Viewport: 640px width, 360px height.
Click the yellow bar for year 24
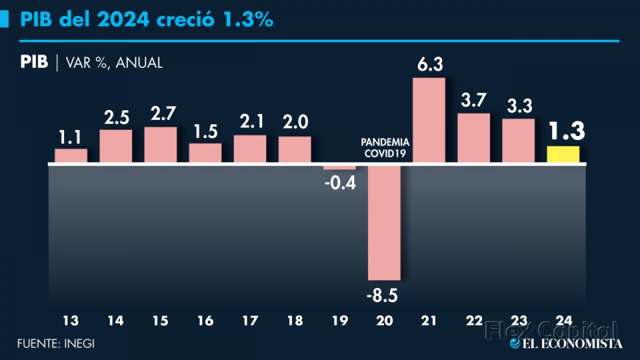point(563,154)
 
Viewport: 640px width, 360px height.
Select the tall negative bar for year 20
point(385,221)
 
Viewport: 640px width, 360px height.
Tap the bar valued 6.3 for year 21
point(429,120)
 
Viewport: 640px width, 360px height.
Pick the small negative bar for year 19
point(339,167)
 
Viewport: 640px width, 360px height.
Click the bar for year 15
point(160,145)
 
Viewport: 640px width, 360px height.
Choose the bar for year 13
point(71,155)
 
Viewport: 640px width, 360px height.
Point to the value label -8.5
point(385,294)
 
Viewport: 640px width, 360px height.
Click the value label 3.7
point(473,100)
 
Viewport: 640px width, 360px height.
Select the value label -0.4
point(340,181)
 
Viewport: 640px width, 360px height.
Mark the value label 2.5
point(115,118)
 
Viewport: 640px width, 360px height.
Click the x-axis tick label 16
point(205,321)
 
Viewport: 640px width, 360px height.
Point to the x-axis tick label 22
point(473,321)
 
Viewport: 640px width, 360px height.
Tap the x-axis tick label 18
point(295,321)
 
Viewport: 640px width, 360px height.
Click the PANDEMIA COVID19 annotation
point(385,147)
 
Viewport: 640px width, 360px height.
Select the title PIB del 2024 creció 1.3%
point(147,19)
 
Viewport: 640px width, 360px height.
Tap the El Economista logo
point(565,343)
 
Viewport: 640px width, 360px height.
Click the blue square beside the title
point(5,19)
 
